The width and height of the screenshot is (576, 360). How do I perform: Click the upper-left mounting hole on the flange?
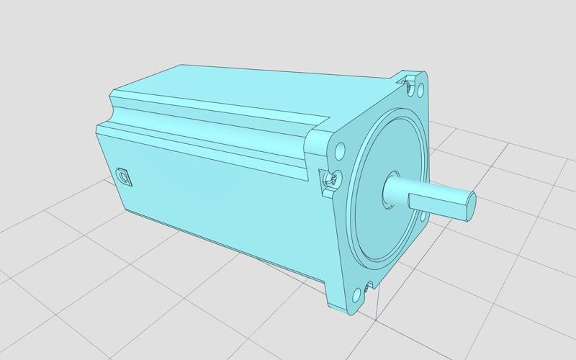click(339, 152)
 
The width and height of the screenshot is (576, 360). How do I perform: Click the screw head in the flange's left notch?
click(331, 179)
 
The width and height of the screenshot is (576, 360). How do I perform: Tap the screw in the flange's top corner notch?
click(409, 86)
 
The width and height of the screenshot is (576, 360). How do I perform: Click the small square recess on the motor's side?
click(124, 176)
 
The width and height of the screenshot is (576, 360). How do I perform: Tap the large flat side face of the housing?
click(216, 194)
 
